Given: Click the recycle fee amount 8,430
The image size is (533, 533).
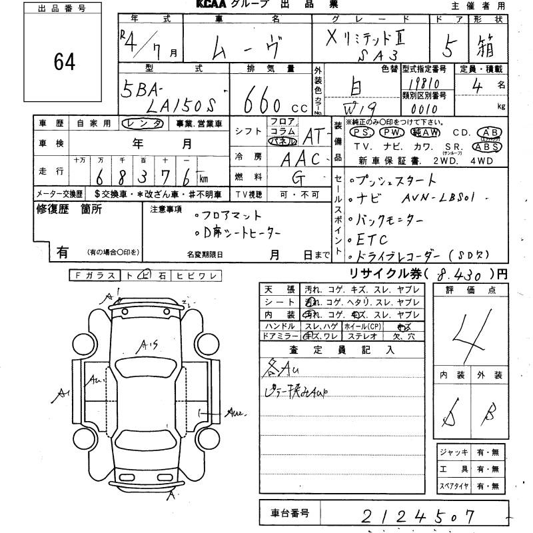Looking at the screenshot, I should [x=460, y=274].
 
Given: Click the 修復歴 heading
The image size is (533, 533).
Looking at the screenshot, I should [x=69, y=209].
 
